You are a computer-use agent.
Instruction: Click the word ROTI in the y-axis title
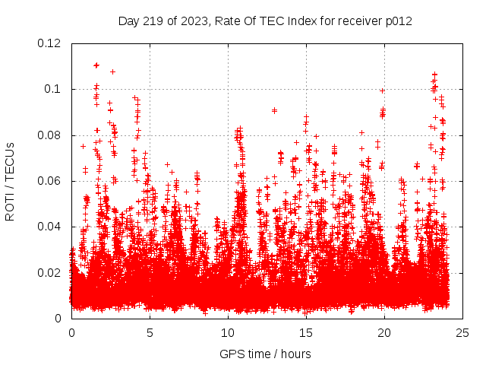[x=10, y=208]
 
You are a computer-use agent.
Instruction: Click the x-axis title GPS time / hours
[x=265, y=354]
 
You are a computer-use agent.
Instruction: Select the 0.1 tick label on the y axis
[x=55, y=89]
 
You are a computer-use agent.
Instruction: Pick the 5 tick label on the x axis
[x=150, y=332]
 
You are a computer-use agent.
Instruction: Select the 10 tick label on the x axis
[x=228, y=332]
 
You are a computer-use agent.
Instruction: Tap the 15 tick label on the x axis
[x=306, y=332]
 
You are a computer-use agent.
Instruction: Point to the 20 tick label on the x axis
[x=384, y=332]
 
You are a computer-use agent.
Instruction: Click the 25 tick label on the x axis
[x=462, y=332]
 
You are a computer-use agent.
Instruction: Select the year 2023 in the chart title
[x=190, y=21]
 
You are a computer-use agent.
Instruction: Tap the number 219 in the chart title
[x=151, y=21]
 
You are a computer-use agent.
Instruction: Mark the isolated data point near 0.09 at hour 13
[x=274, y=110]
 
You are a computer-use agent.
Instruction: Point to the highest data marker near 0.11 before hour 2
[x=96, y=65]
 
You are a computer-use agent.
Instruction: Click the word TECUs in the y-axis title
[x=10, y=160]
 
